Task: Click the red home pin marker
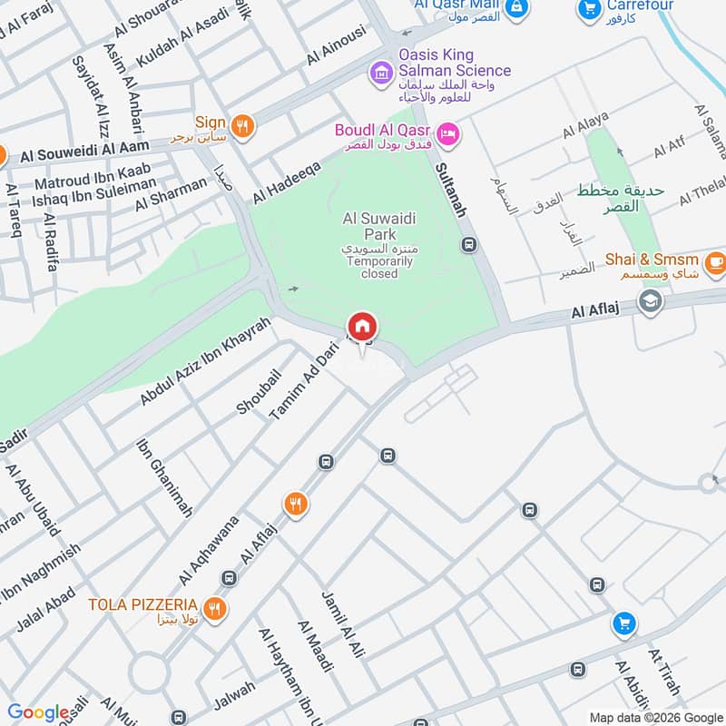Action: (x=362, y=326)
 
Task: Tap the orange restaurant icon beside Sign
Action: (x=241, y=126)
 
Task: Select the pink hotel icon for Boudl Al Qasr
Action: (x=448, y=135)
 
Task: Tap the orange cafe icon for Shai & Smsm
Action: (x=715, y=261)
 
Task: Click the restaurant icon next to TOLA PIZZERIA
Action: (x=214, y=609)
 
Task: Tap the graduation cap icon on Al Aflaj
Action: (x=650, y=301)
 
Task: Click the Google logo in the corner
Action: (x=38, y=712)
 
